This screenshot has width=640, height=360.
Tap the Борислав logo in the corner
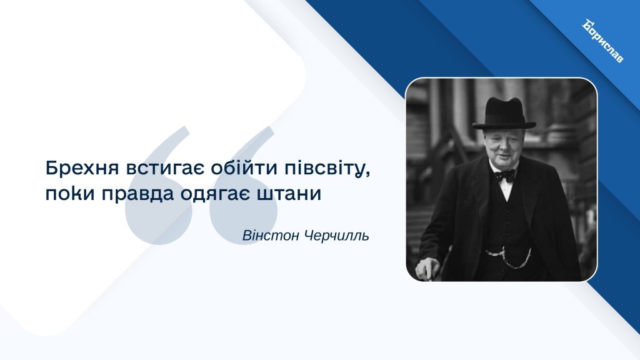pyautogui.click(x=603, y=41)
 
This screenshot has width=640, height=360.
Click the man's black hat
pyautogui.click(x=504, y=114)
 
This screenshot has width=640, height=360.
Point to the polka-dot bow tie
pyautogui.click(x=505, y=175)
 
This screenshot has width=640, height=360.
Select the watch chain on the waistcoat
pyautogui.click(x=509, y=257)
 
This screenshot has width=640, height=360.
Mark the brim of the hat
pyautogui.click(x=504, y=124)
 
